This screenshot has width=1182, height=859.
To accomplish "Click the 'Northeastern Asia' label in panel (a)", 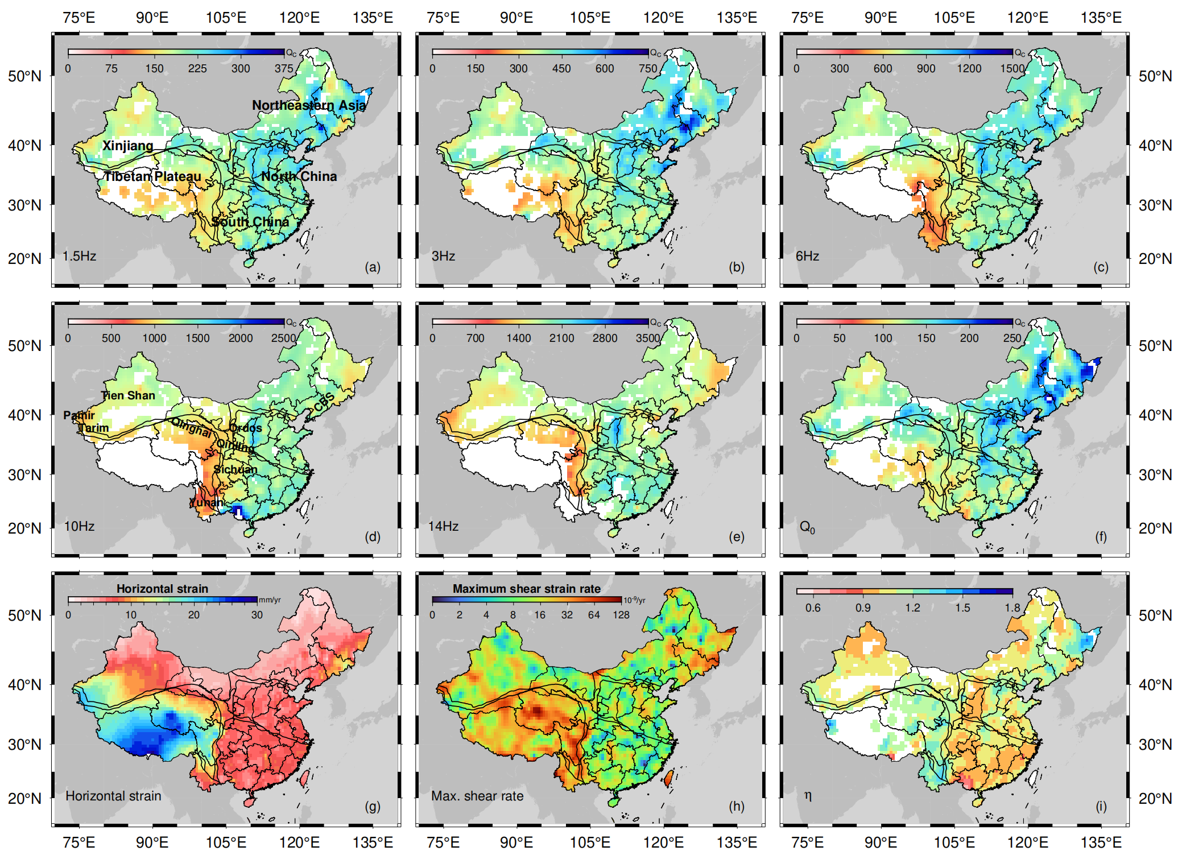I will (309, 105).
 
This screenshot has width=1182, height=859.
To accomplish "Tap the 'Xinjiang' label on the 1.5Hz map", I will (127, 146).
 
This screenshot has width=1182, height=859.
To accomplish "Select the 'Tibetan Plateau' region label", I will (152, 176).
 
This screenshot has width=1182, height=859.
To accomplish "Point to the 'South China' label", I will (250, 222).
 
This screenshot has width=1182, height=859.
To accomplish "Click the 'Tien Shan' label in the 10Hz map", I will (128, 395).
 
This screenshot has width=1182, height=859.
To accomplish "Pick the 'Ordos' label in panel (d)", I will (246, 428).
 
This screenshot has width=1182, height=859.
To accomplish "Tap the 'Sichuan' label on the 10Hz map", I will (235, 469).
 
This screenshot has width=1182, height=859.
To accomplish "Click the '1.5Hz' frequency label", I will (79, 256).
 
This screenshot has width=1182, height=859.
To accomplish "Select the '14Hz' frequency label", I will (443, 526).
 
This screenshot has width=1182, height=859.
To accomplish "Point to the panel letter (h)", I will (737, 806).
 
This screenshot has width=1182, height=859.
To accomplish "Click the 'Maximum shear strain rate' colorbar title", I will (526, 589).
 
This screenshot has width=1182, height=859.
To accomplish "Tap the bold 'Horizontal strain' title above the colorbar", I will (162, 589).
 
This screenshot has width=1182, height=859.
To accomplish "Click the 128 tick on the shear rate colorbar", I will (621, 615).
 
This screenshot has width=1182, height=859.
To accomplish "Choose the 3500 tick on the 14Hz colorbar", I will (648, 338).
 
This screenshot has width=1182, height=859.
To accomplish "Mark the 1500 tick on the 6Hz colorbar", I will (1012, 69).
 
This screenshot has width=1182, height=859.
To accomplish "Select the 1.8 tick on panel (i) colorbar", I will (1012, 608).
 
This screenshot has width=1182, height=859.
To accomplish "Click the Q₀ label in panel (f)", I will (807, 527).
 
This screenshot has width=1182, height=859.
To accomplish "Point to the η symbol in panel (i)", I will (808, 795).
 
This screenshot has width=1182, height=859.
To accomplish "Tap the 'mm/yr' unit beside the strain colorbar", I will (270, 600).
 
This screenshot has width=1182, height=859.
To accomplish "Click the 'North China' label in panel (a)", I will (299, 176).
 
